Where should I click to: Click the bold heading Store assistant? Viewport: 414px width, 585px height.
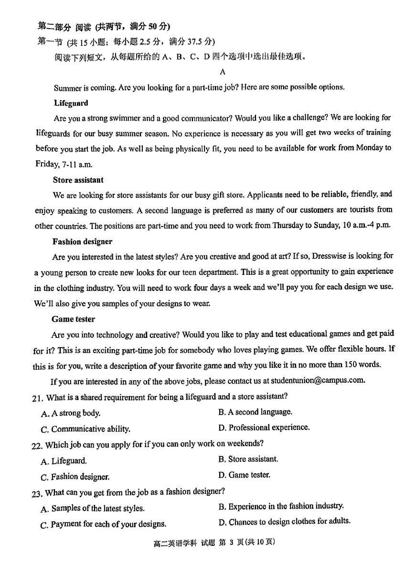78,180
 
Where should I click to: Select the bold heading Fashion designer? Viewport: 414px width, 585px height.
82,242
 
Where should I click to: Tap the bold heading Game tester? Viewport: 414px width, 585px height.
73,319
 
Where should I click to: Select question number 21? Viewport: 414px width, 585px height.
38,398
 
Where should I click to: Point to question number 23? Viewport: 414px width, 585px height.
37,493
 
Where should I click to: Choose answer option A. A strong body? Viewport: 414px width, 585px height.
71,413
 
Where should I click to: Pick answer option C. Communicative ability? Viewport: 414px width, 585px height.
86,429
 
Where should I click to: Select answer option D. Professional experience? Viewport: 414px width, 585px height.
264,427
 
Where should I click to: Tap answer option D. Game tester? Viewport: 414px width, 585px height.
244,475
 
